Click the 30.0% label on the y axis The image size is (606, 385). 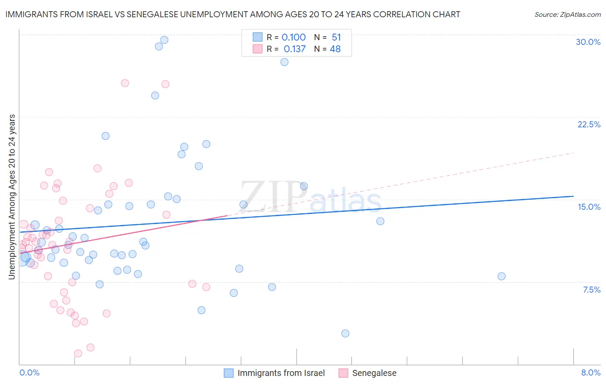(x=588, y=42)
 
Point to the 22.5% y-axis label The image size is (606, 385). (x=589, y=124)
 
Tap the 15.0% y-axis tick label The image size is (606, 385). (x=589, y=207)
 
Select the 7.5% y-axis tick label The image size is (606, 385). (x=591, y=290)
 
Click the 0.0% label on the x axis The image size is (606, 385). (x=29, y=372)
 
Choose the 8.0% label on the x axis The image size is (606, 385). (x=590, y=372)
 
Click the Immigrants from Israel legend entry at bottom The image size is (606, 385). (x=281, y=373)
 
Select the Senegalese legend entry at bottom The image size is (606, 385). (x=374, y=373)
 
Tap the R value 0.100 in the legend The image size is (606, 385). (x=294, y=38)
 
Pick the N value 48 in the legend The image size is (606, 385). (x=335, y=49)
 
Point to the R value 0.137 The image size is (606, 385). (x=294, y=49)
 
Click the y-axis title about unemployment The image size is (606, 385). (x=12, y=196)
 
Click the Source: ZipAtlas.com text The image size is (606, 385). (x=567, y=14)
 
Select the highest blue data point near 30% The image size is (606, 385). (x=164, y=40)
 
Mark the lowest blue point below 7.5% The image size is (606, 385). (x=345, y=333)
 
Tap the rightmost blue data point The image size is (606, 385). (x=501, y=276)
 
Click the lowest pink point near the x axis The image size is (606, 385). (x=78, y=353)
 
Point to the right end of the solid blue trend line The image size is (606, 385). (x=573, y=196)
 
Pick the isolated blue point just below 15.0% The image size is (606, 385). (x=380, y=221)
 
